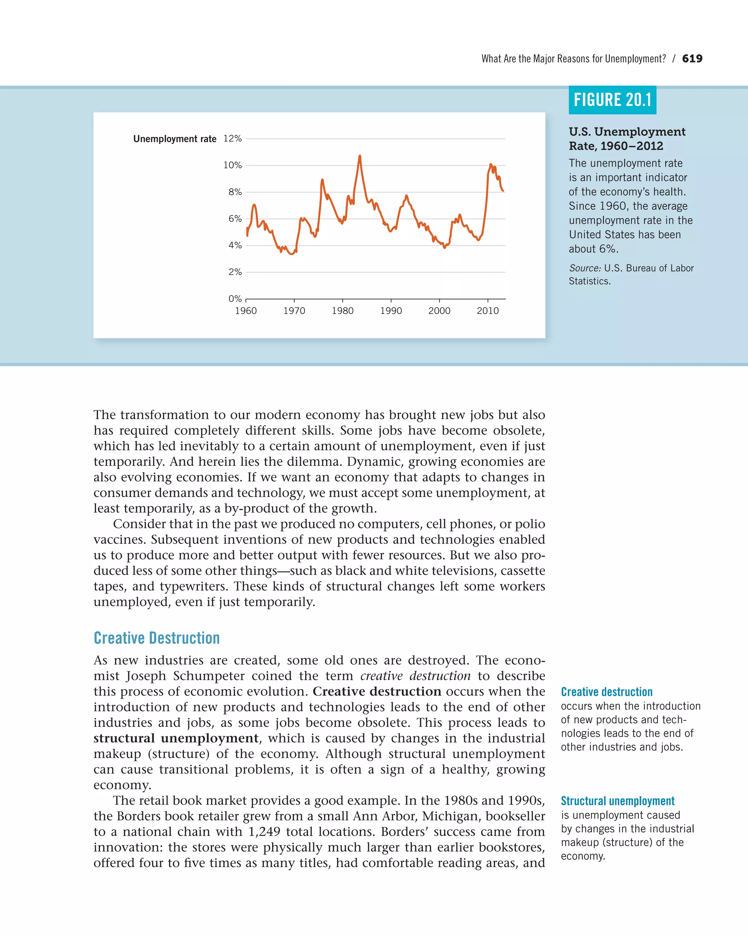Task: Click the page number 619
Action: coord(692,58)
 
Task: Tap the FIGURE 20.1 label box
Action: coord(612,100)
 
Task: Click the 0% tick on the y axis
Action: coord(235,299)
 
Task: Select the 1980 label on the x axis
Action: coord(343,311)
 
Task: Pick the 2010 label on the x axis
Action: coord(488,311)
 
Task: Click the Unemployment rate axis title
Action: coord(175,139)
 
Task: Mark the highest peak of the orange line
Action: coord(360,156)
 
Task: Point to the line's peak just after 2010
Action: coord(491,164)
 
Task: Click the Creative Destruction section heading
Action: coord(157,638)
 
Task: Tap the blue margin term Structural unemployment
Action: coord(618,801)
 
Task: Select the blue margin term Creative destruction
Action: coord(606,692)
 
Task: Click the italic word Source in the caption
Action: coord(584,268)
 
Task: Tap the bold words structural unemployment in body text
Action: coord(176,738)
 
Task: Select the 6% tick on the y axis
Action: coord(235,218)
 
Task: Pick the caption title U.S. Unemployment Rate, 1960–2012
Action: coord(627,139)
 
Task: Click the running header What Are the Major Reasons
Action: coord(573,59)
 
